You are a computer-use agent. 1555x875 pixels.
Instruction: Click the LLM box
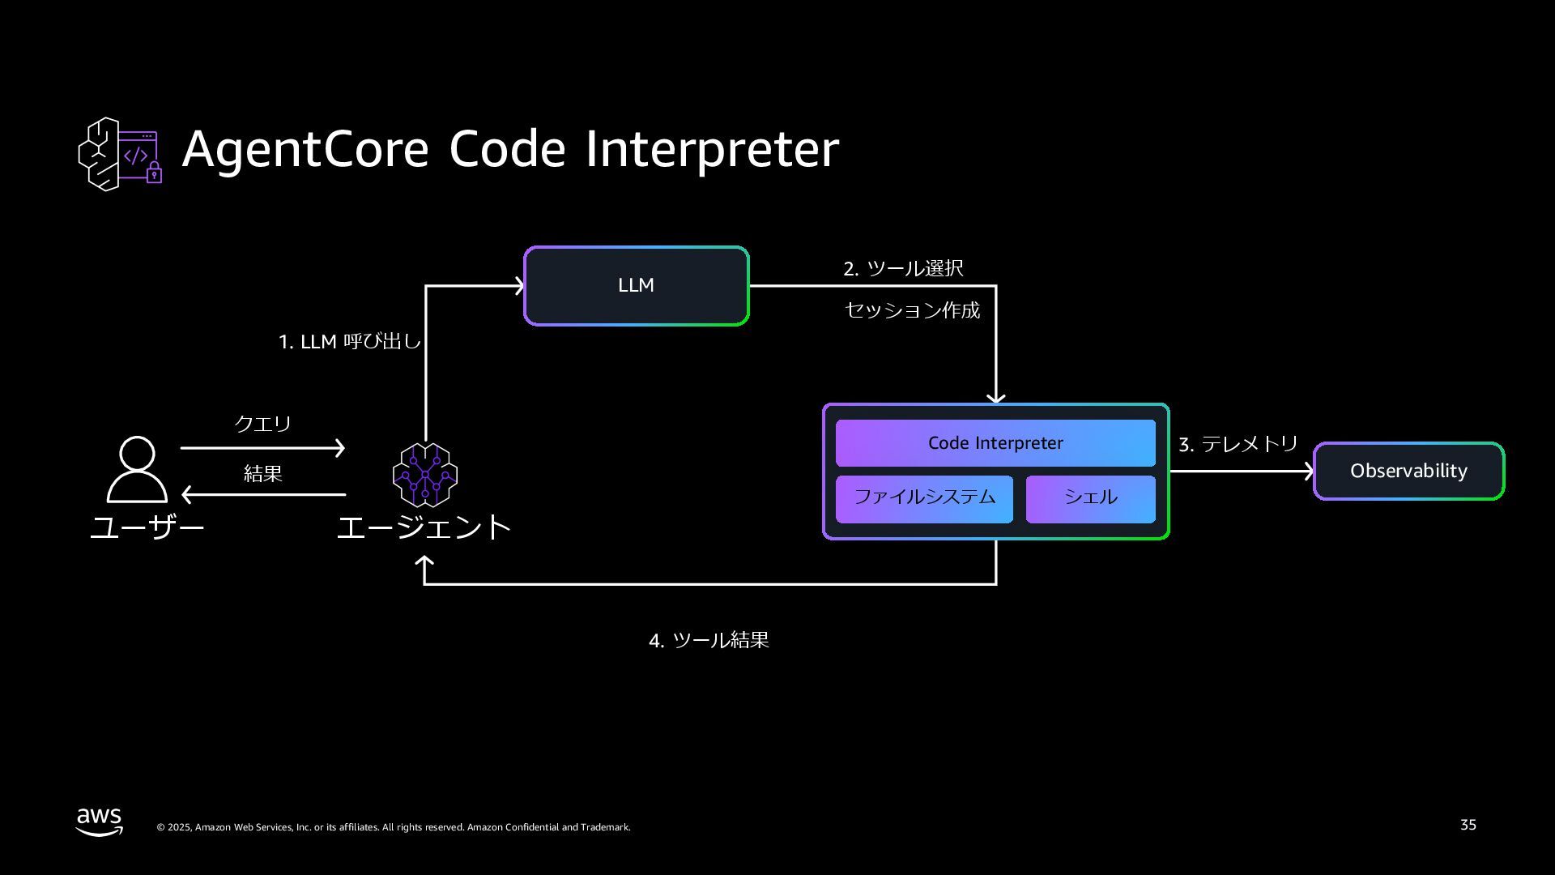tap(636, 286)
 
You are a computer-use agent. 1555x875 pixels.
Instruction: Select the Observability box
tap(1408, 471)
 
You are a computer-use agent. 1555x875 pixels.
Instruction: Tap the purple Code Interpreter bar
tap(995, 443)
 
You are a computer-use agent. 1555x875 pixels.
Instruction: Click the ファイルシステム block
tap(924, 497)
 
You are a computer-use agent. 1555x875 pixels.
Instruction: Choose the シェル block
tap(1090, 497)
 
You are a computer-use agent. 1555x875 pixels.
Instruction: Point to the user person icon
tap(137, 469)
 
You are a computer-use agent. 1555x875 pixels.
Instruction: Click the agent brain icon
tap(424, 475)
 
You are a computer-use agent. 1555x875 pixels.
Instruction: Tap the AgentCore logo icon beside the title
tap(120, 154)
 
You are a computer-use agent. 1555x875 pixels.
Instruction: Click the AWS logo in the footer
tap(100, 822)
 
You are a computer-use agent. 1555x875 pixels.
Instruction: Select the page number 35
tap(1468, 825)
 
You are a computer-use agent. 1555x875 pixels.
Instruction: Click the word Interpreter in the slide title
tap(712, 149)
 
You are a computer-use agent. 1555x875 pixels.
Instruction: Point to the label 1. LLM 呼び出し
tap(349, 341)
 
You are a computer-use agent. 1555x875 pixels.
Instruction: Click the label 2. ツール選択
tap(903, 268)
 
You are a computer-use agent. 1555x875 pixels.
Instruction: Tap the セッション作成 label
tap(912, 310)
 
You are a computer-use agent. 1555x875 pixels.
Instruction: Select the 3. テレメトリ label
tap(1238, 444)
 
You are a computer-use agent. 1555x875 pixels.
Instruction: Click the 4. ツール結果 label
tap(709, 640)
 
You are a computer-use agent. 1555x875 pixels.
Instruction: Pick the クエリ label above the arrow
tap(262, 423)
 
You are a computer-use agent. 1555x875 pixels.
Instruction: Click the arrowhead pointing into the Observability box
tap(1308, 471)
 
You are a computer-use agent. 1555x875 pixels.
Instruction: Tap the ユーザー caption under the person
tap(147, 527)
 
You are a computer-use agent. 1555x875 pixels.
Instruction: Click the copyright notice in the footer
tap(394, 827)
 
